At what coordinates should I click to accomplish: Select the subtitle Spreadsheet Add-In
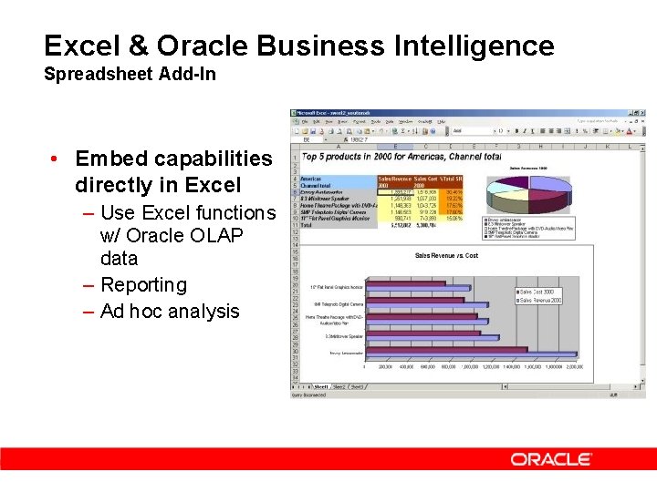[130, 75]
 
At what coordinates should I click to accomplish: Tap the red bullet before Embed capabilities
[56, 159]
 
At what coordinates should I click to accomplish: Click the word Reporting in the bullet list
[143, 284]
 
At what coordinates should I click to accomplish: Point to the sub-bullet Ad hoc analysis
[170, 311]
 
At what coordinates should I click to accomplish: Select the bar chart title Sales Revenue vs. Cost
[446, 255]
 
